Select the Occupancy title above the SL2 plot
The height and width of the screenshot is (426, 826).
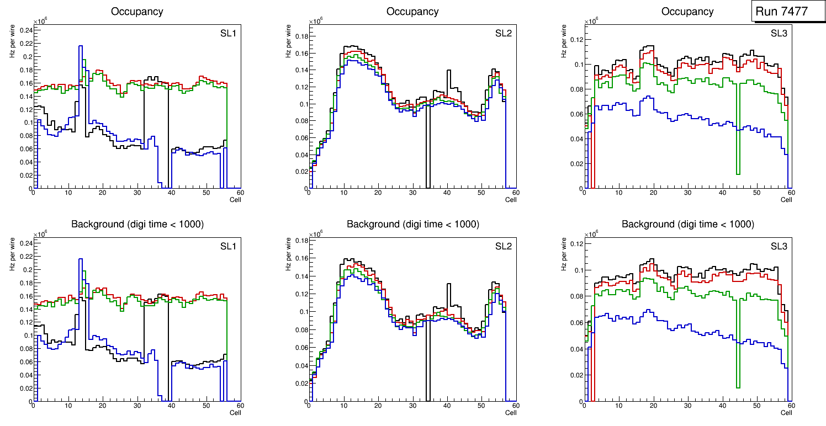[x=412, y=11]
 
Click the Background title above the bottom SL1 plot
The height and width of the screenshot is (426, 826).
[x=137, y=224]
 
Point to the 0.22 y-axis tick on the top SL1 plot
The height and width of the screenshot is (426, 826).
[x=25, y=43]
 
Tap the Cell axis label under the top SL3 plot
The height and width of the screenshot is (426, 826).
[x=786, y=200]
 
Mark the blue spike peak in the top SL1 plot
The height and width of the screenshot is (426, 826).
[x=81, y=46]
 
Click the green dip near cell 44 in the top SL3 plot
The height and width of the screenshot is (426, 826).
[x=738, y=173]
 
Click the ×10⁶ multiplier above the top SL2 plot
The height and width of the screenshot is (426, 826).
[x=315, y=22]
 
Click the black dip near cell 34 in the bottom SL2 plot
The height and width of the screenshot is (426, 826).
[x=427, y=397]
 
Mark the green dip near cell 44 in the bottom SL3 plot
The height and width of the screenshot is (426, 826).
[x=738, y=386]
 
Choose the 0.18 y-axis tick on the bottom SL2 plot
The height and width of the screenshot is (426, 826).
[x=300, y=241]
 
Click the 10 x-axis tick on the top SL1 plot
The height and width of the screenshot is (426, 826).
[x=68, y=193]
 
